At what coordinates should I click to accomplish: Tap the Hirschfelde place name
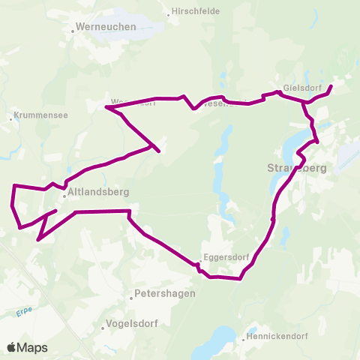196,12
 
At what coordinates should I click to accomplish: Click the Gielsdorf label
301,87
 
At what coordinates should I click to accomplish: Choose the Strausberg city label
297,168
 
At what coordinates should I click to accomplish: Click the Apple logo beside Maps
12,347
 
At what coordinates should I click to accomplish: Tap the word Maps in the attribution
33,347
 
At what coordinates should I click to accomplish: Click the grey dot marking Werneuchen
73,31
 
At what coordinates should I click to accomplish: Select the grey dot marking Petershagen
130,298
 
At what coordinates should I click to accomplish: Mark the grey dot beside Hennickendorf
244,338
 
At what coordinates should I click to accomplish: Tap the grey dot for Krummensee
11,118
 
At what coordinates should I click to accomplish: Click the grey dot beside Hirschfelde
168,13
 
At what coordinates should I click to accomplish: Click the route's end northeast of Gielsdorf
331,87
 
